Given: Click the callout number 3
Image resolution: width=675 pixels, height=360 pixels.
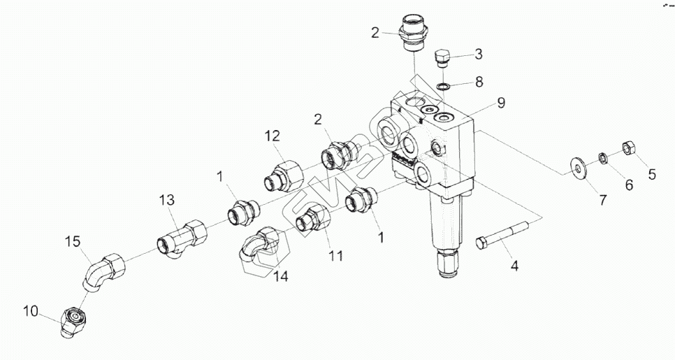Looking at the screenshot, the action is point(479,53).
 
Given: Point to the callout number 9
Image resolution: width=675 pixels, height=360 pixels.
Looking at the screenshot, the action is point(501,103).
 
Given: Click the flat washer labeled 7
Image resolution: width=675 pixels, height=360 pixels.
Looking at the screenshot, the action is point(577,164).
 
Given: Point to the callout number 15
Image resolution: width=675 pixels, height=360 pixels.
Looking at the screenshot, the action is point(73,242).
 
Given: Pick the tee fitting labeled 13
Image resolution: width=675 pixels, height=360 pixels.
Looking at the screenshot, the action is point(182,236).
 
